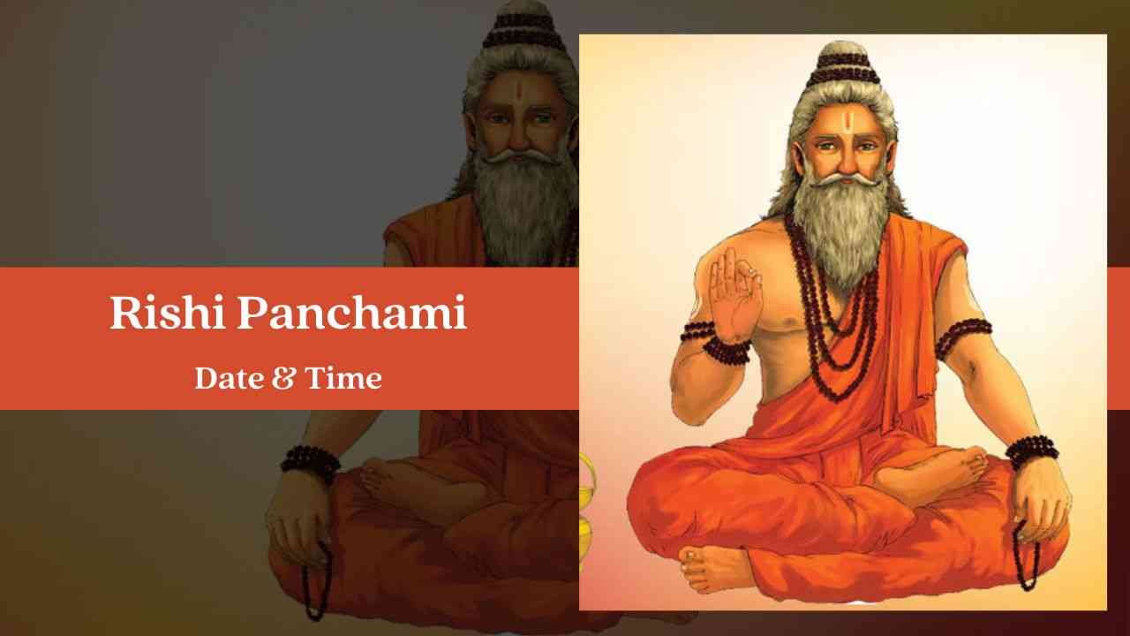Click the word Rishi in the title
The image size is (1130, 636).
click(168, 313)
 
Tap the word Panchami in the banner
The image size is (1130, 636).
click(351, 313)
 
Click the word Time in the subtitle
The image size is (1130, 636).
click(343, 378)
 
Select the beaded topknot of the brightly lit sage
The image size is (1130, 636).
click(843, 64)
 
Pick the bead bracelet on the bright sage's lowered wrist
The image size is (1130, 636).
click(1031, 451)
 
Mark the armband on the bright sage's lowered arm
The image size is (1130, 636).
click(963, 336)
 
